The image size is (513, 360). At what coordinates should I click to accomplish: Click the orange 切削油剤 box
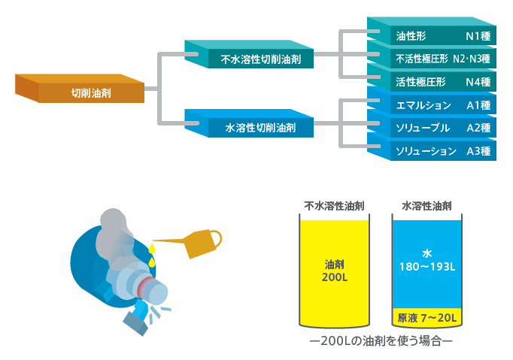pos(90,93)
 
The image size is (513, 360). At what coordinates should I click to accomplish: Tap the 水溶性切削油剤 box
pos(260,129)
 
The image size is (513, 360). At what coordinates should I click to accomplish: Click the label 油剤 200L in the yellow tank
pos(334,271)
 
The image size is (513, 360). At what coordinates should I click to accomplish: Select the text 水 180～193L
pos(426,260)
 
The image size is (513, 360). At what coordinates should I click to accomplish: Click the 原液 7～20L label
pos(426,318)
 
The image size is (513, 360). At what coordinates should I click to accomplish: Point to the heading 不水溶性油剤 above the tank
pos(334,205)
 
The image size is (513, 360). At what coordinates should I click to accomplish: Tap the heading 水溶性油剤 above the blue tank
pos(426,205)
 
